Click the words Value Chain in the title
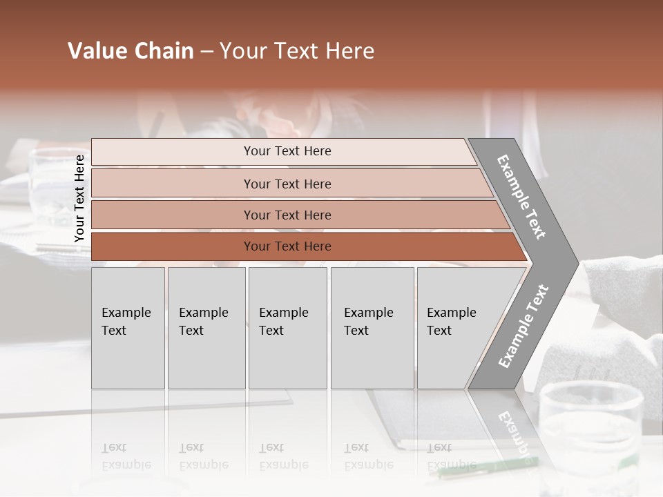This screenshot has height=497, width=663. (x=131, y=51)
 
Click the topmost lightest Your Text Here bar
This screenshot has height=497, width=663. (x=287, y=151)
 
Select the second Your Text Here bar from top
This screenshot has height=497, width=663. (x=287, y=184)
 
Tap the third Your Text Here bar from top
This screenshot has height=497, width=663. (x=287, y=215)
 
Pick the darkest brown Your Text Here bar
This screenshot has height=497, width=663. (x=287, y=246)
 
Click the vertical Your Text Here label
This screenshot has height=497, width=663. (x=79, y=198)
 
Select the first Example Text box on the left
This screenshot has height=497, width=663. (x=128, y=328)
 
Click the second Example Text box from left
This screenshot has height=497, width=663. (x=206, y=328)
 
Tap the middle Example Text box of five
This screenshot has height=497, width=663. (x=287, y=328)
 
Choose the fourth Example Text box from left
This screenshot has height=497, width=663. (x=372, y=328)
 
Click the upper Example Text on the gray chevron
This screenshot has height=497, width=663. (x=521, y=197)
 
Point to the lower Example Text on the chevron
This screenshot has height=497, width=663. (x=523, y=327)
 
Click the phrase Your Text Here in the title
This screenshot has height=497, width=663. (x=297, y=51)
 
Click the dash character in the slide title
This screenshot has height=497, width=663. (x=206, y=52)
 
